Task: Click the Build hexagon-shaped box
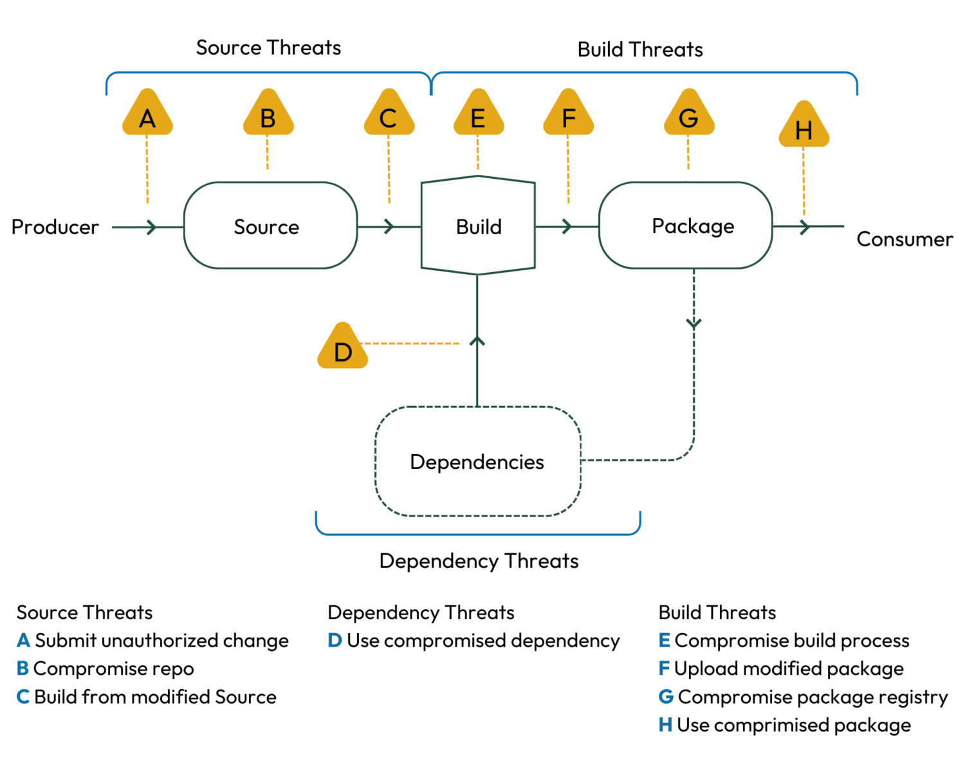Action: click(x=478, y=226)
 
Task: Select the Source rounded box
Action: click(x=270, y=226)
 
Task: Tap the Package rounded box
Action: click(x=686, y=226)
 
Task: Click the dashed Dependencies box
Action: click(x=477, y=461)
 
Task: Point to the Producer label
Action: click(x=55, y=227)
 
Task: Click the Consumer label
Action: click(x=904, y=239)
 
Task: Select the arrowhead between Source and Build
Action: click(x=389, y=226)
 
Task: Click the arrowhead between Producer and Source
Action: click(x=151, y=227)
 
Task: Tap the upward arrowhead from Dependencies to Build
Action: click(x=477, y=340)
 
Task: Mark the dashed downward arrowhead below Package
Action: click(x=694, y=323)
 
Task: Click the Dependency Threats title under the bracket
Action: click(x=479, y=561)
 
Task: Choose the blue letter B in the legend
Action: click(x=23, y=669)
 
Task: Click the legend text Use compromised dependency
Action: click(x=482, y=641)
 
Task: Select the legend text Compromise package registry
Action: click(x=813, y=697)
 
